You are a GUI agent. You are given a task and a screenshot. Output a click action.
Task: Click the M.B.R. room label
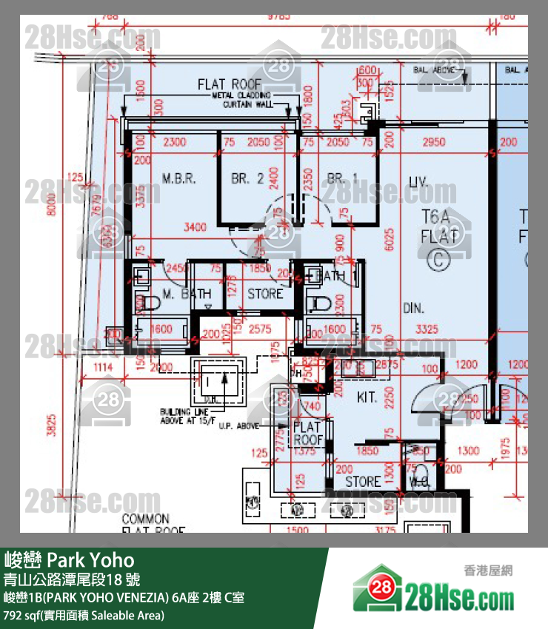pos(178,178)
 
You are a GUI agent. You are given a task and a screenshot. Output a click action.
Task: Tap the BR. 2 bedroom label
pos(247,178)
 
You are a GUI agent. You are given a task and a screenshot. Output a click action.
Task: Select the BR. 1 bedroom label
pos(342,178)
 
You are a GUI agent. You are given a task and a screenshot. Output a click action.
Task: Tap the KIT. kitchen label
pos(367,397)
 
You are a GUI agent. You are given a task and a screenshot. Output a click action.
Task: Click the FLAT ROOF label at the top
pos(230,84)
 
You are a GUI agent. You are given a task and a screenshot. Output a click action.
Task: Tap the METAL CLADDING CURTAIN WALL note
pos(241,100)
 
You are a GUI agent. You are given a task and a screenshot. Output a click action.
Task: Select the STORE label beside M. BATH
pos(265,294)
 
